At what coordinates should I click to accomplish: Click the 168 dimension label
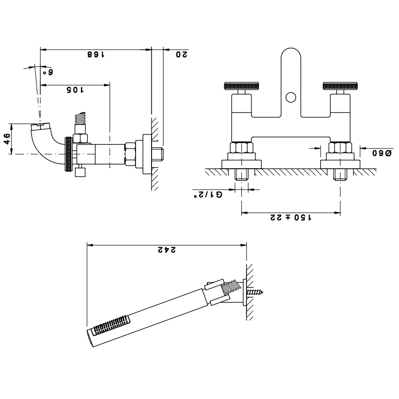pos(96,55)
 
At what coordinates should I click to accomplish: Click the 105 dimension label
pos(75,90)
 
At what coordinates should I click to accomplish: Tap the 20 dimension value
pos(182,55)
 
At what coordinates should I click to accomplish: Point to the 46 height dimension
pos(8,139)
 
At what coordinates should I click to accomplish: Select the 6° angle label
pos(48,72)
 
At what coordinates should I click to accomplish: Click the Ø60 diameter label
pos(382,153)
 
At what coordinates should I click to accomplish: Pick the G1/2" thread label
pos(208,195)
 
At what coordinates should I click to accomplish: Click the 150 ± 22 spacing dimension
pos(291,217)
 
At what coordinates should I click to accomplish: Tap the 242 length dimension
pos(167,250)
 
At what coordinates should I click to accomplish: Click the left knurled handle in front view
pos(241,86)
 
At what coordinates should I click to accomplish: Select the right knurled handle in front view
pos(340,86)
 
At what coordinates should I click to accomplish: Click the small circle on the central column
pos(291,98)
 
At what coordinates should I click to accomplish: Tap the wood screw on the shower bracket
pos(255,292)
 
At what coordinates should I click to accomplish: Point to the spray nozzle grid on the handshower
pos(112,324)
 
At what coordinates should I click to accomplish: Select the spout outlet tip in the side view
pos(41,126)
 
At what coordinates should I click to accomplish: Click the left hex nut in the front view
pos(241,148)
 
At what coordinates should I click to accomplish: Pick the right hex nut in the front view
pos(340,148)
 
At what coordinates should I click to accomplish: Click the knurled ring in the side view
pos(68,154)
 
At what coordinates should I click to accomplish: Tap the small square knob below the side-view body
pos(80,172)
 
